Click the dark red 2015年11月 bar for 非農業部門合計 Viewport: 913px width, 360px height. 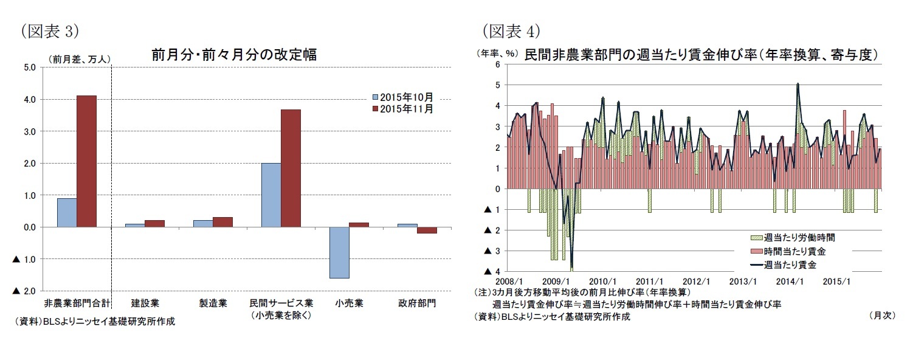[x=86, y=161]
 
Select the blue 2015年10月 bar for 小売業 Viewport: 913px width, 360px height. [x=339, y=252]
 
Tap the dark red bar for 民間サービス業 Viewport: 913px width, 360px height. [x=291, y=168]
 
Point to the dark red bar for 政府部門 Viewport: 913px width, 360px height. [x=427, y=230]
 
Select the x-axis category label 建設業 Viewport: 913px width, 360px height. [x=145, y=303]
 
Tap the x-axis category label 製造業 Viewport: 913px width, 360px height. [x=213, y=303]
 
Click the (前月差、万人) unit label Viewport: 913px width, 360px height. [x=79, y=59]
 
